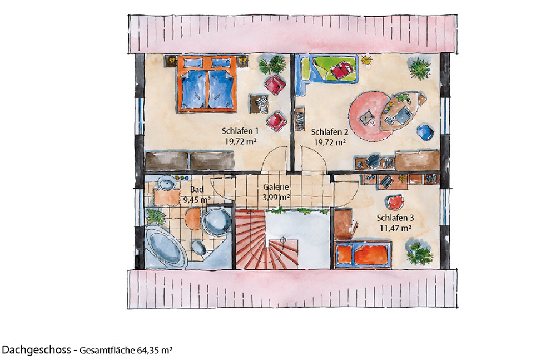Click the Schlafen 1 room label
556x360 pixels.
point(240,131)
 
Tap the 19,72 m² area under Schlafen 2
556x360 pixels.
point(330,142)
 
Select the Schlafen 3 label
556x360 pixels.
point(395,218)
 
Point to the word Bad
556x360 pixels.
point(197,190)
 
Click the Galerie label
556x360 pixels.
point(276,187)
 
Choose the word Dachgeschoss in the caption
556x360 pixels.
point(36,349)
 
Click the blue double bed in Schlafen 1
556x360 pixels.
point(207,84)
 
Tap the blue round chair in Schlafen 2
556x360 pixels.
point(425,132)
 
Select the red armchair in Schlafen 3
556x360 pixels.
point(395,203)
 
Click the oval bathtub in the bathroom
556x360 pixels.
point(166,247)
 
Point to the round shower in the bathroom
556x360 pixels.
point(217,220)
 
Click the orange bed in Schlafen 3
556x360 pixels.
point(363,254)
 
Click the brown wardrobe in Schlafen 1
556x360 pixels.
point(190,160)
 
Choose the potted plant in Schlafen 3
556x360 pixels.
point(419,253)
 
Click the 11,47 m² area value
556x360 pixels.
point(395,228)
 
